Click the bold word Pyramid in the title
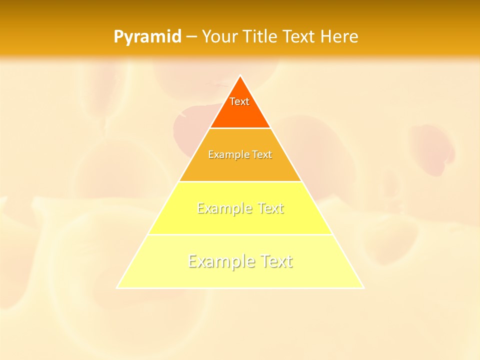click(x=147, y=37)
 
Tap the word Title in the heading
click(x=261, y=37)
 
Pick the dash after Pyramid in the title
click(x=191, y=37)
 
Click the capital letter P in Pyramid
click(x=118, y=37)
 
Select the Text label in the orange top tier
click(x=239, y=101)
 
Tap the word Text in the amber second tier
click(x=262, y=155)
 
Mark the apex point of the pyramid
click(x=240, y=75)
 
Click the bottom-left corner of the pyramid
click(x=117, y=288)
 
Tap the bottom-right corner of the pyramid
click(x=363, y=288)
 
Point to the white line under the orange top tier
click(x=240, y=128)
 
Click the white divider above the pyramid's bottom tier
click(x=240, y=234)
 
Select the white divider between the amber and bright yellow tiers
click(x=240, y=181)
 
